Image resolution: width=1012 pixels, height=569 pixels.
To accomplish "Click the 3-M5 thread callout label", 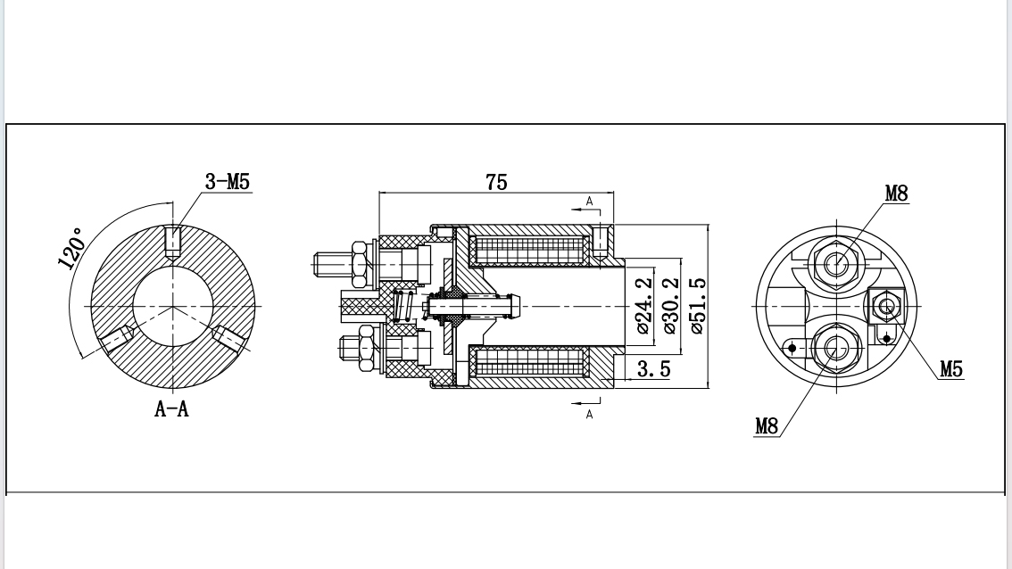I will [228, 182].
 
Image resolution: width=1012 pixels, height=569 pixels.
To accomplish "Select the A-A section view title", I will [172, 409].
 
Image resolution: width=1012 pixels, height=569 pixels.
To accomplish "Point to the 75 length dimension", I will [496, 182].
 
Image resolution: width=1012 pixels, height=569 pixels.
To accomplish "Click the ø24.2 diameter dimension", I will [645, 305].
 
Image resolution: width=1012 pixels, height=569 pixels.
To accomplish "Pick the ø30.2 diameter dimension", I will [670, 305].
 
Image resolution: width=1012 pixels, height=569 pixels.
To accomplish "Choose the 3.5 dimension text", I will [653, 369].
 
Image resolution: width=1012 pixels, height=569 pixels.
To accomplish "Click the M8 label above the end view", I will [896, 193].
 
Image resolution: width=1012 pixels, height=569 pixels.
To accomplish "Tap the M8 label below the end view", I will [767, 426].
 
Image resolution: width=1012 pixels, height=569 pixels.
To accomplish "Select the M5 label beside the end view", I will [950, 369].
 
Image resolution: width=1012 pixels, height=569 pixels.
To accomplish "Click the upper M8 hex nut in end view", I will [836, 263].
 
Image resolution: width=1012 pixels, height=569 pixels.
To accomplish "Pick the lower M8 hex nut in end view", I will [836, 346].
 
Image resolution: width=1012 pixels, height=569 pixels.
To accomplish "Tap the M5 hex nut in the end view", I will [886, 307].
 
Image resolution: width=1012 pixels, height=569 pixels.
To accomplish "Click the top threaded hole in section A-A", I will [174, 241].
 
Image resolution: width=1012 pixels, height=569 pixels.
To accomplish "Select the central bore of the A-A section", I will [172, 307].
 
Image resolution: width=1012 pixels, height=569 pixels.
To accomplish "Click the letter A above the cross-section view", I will [589, 202].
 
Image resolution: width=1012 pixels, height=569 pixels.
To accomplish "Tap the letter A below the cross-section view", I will [589, 414].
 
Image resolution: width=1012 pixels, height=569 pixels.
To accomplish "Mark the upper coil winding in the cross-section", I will [530, 249].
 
